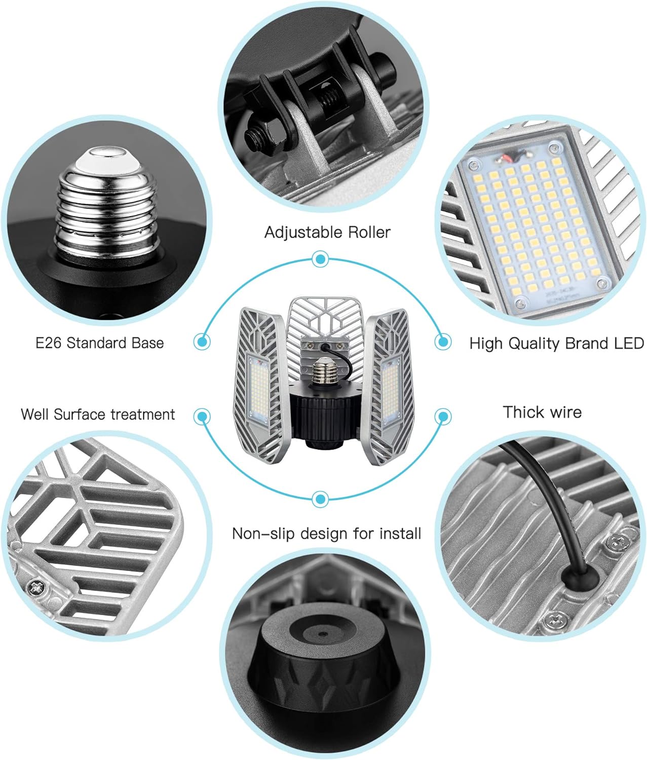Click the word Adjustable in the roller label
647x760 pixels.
(x=296, y=233)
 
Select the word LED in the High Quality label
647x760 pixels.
(x=628, y=343)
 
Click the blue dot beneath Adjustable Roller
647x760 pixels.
(x=319, y=260)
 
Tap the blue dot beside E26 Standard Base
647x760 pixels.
(x=202, y=341)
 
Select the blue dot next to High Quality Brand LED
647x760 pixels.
(x=443, y=341)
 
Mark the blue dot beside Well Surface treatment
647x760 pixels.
(x=202, y=417)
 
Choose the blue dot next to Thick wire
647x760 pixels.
(x=443, y=417)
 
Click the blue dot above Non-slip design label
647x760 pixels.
(x=319, y=499)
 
